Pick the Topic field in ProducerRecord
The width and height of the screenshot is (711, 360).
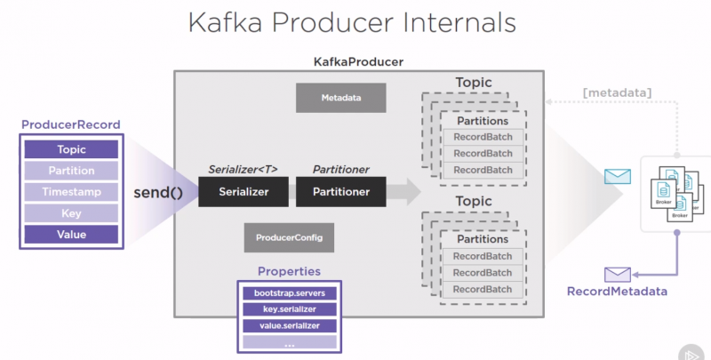point(71,150)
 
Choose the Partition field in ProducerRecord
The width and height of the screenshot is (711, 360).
point(71,171)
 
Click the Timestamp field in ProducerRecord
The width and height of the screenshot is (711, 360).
point(71,192)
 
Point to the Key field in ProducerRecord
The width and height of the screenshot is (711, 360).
point(71,213)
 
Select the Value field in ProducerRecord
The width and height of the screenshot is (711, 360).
point(71,235)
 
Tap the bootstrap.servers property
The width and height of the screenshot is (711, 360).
point(290,292)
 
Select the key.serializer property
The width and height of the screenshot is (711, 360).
point(290,309)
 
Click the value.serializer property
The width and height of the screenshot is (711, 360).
point(290,325)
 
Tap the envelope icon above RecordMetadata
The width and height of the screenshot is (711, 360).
point(616,274)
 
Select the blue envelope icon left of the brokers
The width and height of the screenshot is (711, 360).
point(616,176)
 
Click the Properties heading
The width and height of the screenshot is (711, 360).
point(289,271)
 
